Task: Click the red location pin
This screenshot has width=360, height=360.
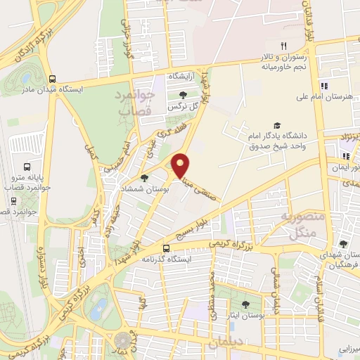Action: pyautogui.click(x=181, y=165)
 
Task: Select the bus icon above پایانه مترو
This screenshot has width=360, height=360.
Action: pyautogui.click(x=27, y=167)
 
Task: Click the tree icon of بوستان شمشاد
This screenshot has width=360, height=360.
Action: pyautogui.click(x=144, y=178)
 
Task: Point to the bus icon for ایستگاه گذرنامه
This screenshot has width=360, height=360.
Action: pyautogui.click(x=167, y=248)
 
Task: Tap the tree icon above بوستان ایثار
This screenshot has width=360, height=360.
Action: pyautogui.click(x=245, y=304)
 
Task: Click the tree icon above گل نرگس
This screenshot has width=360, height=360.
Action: pyautogui.click(x=184, y=96)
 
